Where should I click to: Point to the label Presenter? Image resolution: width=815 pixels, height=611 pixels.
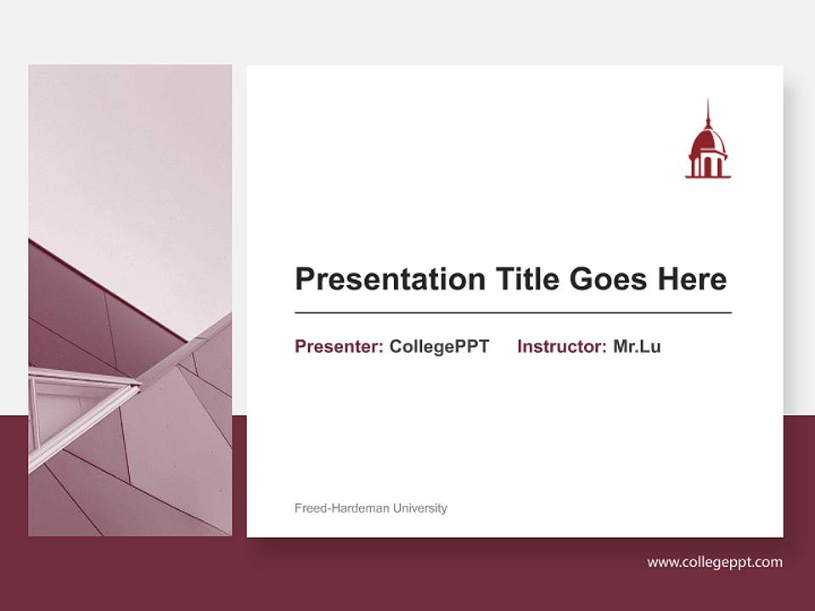click(x=339, y=346)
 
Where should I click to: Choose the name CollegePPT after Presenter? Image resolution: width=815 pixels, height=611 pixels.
click(x=439, y=346)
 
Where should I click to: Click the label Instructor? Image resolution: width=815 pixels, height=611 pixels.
click(x=561, y=346)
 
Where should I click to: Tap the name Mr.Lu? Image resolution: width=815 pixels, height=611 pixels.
click(x=637, y=346)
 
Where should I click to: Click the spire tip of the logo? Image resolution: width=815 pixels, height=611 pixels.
click(x=707, y=103)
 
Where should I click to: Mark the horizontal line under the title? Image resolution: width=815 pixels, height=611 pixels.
click(x=513, y=313)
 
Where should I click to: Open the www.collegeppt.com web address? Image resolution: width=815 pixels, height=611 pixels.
click(x=714, y=562)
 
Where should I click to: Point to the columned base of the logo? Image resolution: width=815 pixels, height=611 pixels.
click(x=707, y=165)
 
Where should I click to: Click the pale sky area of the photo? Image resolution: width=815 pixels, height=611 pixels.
click(x=127, y=153)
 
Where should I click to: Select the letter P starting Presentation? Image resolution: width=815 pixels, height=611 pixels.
click(x=304, y=279)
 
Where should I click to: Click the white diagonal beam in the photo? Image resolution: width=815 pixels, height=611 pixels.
click(x=187, y=348)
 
